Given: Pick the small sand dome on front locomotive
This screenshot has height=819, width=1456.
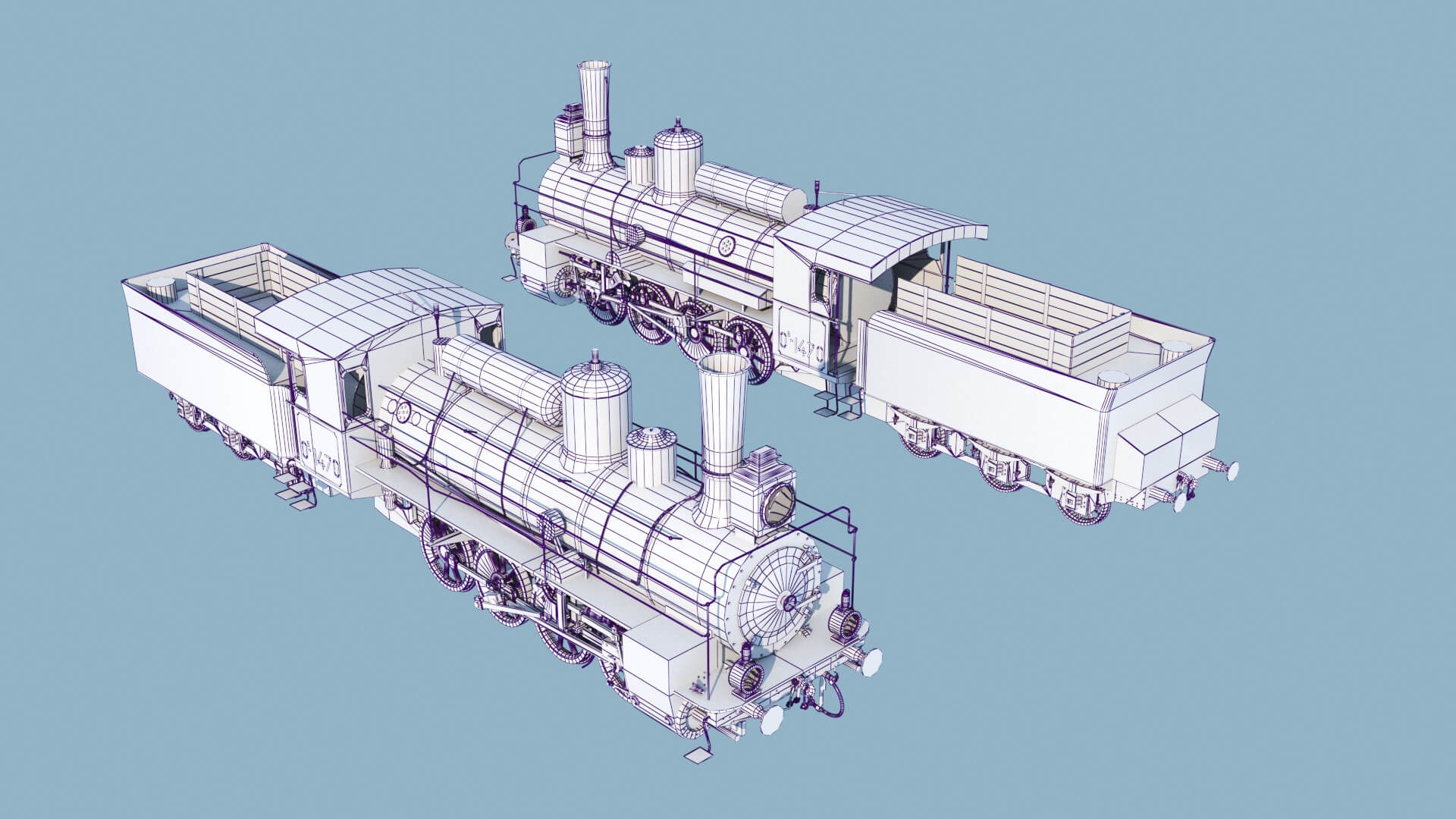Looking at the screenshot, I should tap(651, 456).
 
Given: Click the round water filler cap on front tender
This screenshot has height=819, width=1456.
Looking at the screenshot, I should tap(160, 287).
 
